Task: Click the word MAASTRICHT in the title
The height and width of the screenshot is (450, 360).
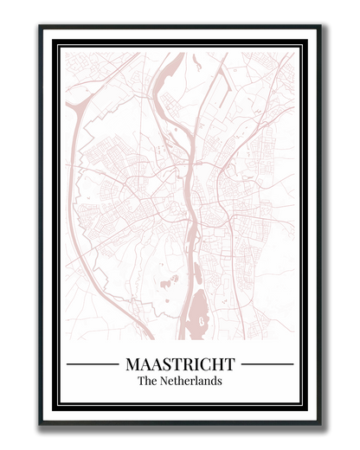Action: (180, 364)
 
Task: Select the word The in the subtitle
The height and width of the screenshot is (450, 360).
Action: (147, 381)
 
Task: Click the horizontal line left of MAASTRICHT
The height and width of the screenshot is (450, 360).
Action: (92, 364)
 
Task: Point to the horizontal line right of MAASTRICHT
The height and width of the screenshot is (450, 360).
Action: (267, 364)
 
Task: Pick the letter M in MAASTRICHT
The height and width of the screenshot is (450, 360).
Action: (132, 364)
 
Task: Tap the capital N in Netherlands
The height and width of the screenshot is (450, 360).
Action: (164, 381)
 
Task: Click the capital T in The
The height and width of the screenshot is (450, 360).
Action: (141, 381)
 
